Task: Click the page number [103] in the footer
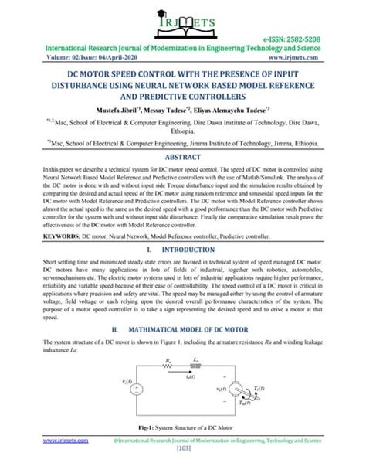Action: [x=183, y=466]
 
